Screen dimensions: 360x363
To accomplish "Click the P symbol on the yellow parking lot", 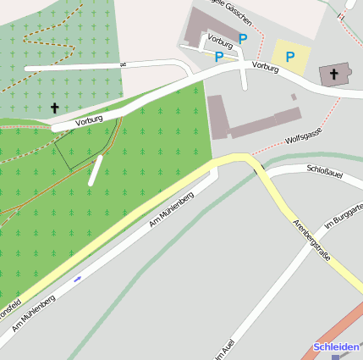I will (290, 57).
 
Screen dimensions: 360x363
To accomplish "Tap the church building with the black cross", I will (333, 75).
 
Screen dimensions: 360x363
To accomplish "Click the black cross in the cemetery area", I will (55, 108).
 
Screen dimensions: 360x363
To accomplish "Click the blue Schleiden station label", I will (336, 347).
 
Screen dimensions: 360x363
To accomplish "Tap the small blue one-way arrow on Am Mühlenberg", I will (78, 278).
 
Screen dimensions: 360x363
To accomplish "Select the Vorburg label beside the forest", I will (89, 120).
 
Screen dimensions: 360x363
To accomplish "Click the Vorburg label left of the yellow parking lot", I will (264, 64).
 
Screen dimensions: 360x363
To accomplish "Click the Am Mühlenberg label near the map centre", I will (172, 209).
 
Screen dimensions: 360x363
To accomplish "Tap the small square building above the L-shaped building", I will (294, 97).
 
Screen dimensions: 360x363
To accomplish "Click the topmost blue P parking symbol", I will (243, 39).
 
